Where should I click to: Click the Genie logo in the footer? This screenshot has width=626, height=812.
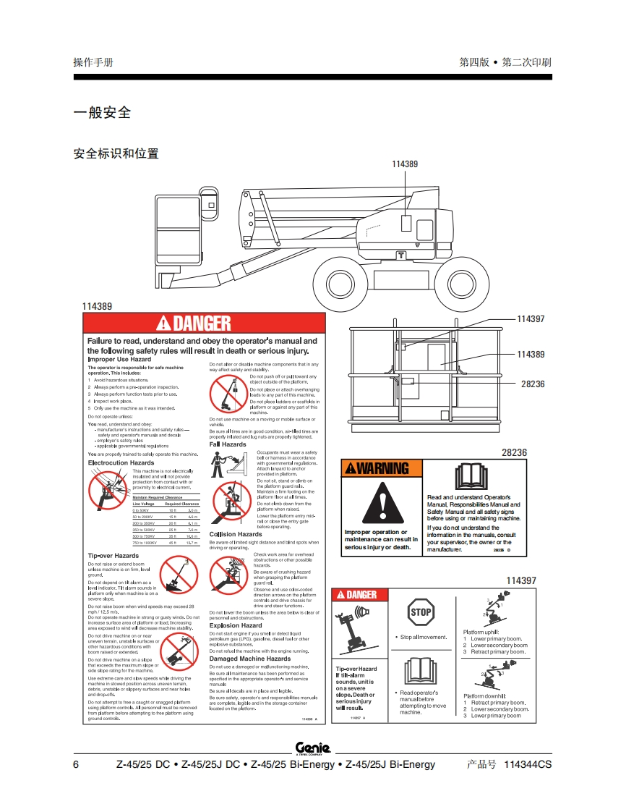coord(313,748)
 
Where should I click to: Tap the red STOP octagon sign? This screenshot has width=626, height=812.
coord(421,612)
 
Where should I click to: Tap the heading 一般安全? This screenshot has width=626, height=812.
coord(102,113)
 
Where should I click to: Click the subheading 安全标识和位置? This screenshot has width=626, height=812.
coord(116,153)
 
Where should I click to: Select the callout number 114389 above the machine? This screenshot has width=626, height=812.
coord(405,164)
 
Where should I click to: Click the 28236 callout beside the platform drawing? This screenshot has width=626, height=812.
coord(533,384)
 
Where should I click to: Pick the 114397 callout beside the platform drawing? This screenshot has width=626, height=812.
coord(531,319)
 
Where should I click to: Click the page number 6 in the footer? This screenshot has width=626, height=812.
coord(76,765)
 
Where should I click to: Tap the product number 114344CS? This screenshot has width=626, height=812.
coord(527,765)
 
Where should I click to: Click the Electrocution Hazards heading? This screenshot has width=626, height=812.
coord(121,462)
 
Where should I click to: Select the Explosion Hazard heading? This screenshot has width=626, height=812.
coord(236,625)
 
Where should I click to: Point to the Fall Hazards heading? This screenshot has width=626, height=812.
coord(228,444)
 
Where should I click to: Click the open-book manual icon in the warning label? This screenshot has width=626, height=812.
coord(468,476)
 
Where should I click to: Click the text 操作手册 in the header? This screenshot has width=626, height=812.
coord(93,62)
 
